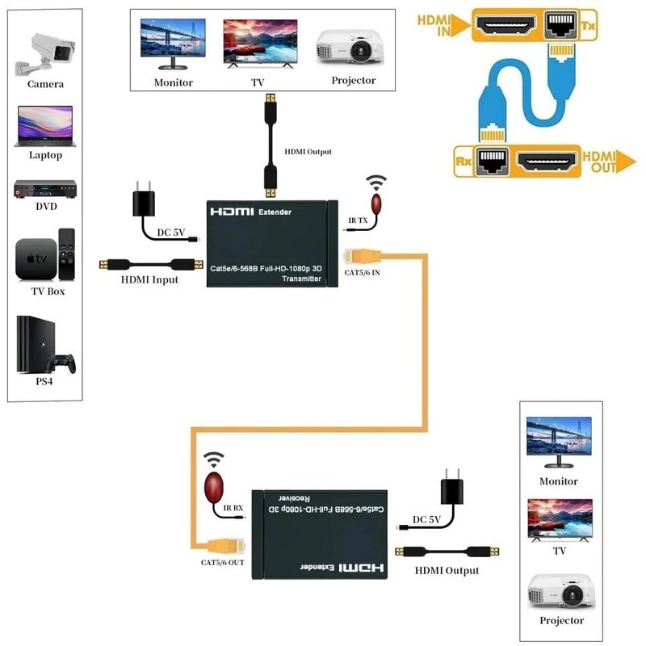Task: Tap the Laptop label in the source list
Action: click(x=45, y=155)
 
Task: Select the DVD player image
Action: click(x=45, y=190)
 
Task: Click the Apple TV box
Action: click(x=36, y=258)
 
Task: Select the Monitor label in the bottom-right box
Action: click(x=559, y=481)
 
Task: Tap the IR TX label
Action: click(x=356, y=220)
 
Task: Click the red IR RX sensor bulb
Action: click(x=214, y=488)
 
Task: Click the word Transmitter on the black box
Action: click(x=300, y=278)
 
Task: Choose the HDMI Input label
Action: click(x=150, y=279)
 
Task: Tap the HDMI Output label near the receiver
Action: click(x=447, y=570)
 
